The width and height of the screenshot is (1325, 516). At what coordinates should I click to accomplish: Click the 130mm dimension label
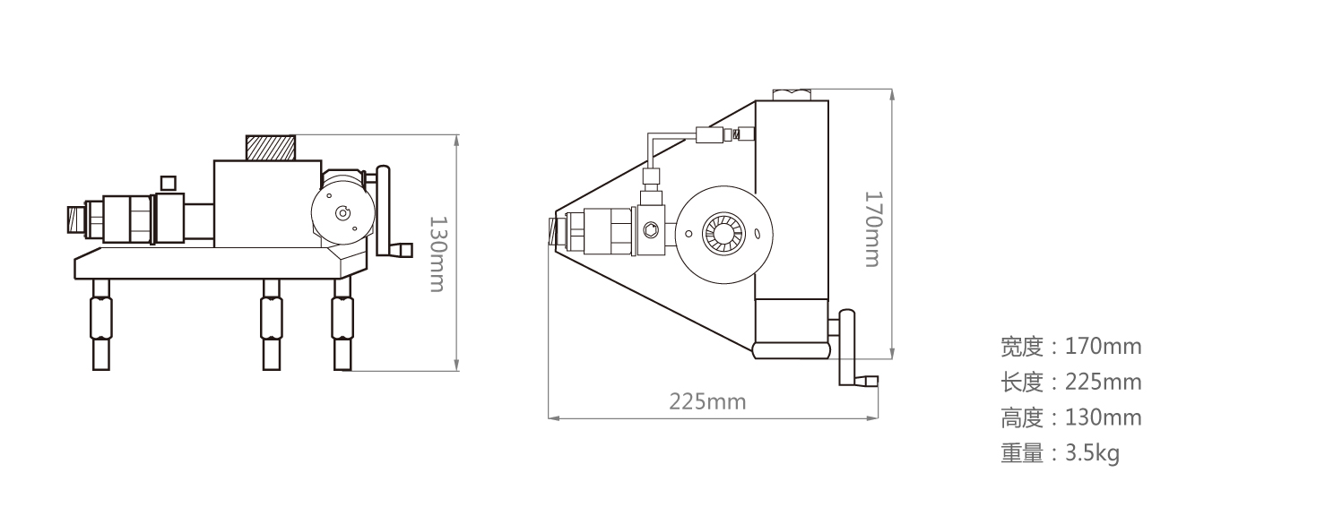[436, 254]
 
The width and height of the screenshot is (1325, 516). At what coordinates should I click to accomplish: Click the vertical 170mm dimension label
[873, 228]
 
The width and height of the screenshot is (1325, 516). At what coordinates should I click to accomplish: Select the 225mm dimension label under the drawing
[707, 400]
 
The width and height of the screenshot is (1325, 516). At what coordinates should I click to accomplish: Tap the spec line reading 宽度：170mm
[1070, 346]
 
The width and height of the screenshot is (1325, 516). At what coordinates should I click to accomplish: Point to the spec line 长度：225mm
[1070, 383]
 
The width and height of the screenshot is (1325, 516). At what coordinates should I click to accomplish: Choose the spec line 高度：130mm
[1070, 418]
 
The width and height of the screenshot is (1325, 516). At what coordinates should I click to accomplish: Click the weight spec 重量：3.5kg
[1060, 454]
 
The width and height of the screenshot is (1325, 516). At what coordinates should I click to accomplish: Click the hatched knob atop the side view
[270, 147]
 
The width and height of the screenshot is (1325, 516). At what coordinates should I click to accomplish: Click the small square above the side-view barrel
[167, 183]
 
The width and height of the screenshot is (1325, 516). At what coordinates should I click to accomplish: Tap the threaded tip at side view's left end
[75, 219]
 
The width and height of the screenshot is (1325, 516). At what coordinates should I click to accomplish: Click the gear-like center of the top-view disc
[722, 233]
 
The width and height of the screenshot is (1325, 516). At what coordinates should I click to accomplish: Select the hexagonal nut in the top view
[650, 233]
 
